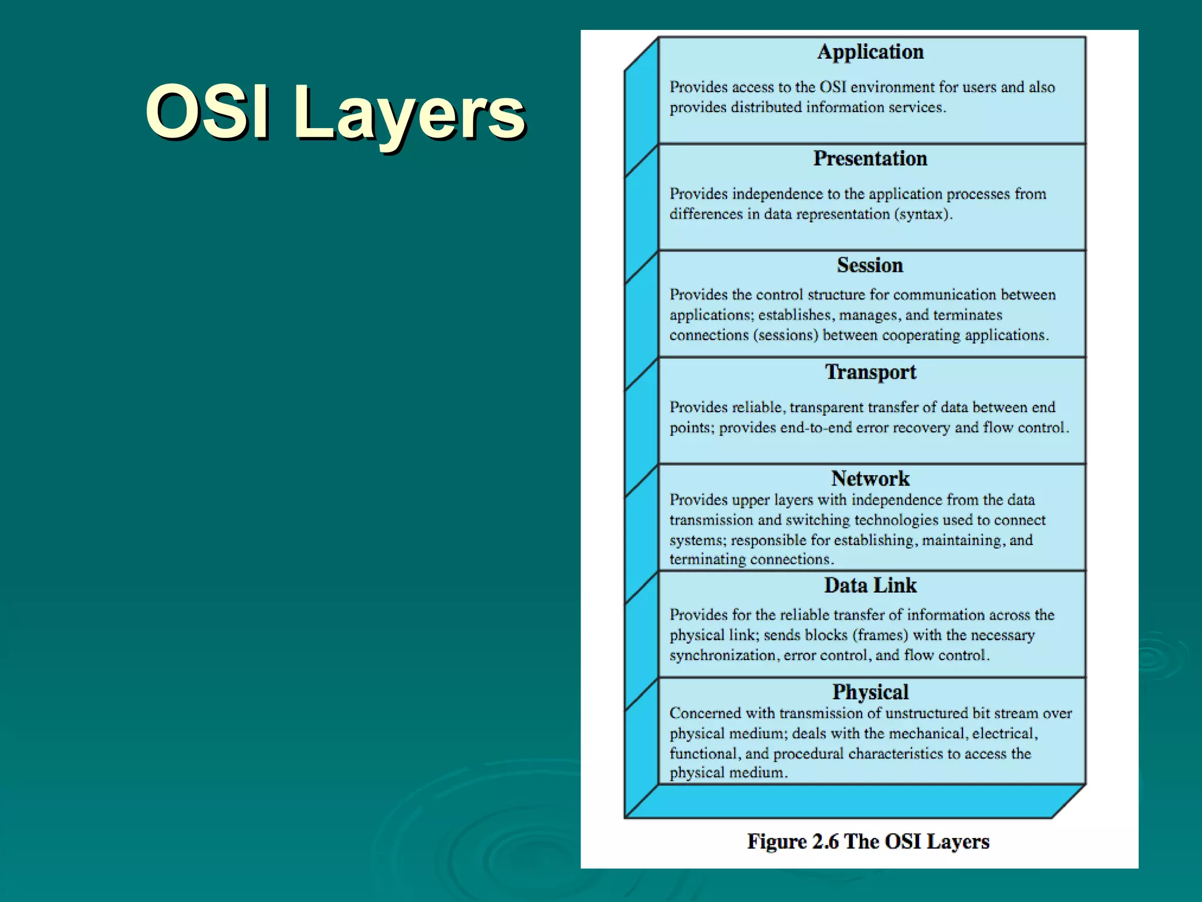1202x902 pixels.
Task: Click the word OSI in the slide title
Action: click(x=208, y=112)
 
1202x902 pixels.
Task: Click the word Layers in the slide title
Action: click(x=409, y=112)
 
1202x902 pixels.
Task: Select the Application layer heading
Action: click(x=870, y=52)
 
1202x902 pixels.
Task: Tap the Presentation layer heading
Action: click(x=870, y=159)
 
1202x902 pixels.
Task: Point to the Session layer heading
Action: click(x=870, y=265)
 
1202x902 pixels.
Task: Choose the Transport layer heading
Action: click(x=870, y=372)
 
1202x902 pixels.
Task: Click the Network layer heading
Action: click(x=870, y=478)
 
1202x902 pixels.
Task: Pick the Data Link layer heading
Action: click(x=870, y=585)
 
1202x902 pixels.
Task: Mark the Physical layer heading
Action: click(x=870, y=692)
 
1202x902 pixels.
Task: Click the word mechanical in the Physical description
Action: click(x=927, y=733)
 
